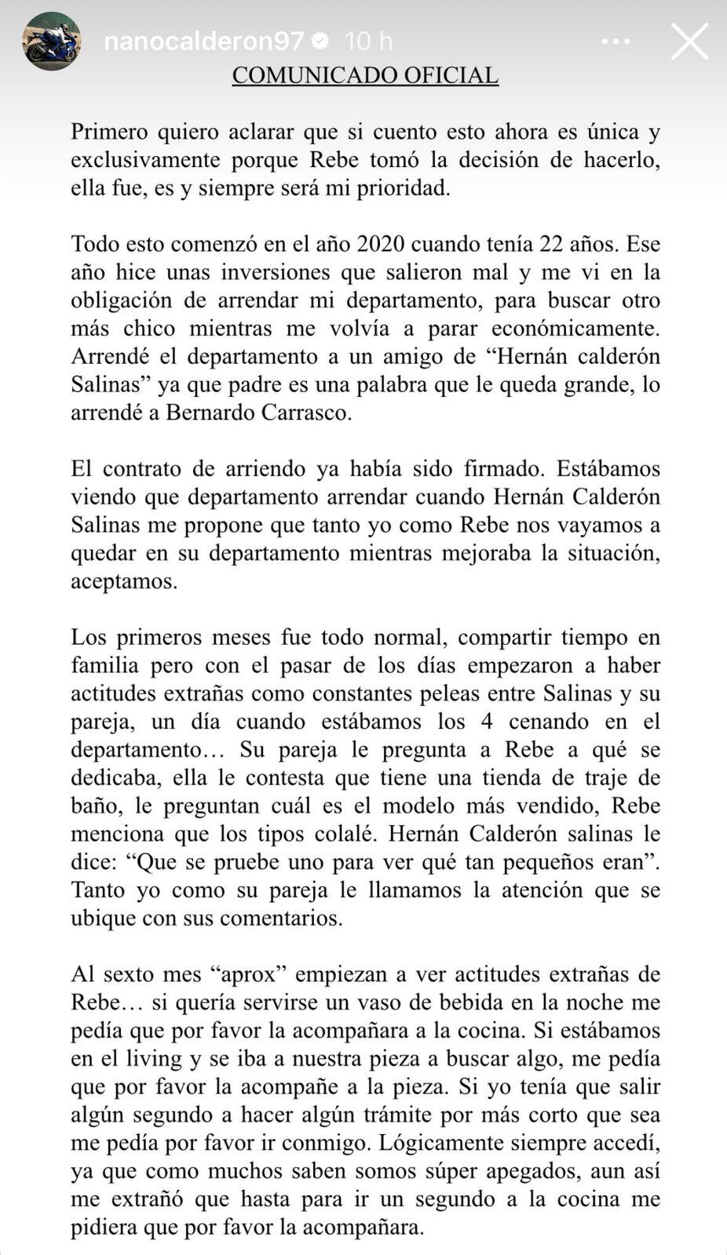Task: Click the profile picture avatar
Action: click(51, 41)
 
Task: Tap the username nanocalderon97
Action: click(203, 41)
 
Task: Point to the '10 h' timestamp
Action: click(368, 41)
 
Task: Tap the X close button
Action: click(689, 41)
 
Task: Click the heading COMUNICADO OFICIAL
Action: click(365, 75)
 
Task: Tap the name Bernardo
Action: click(211, 413)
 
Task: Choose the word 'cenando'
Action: click(546, 722)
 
